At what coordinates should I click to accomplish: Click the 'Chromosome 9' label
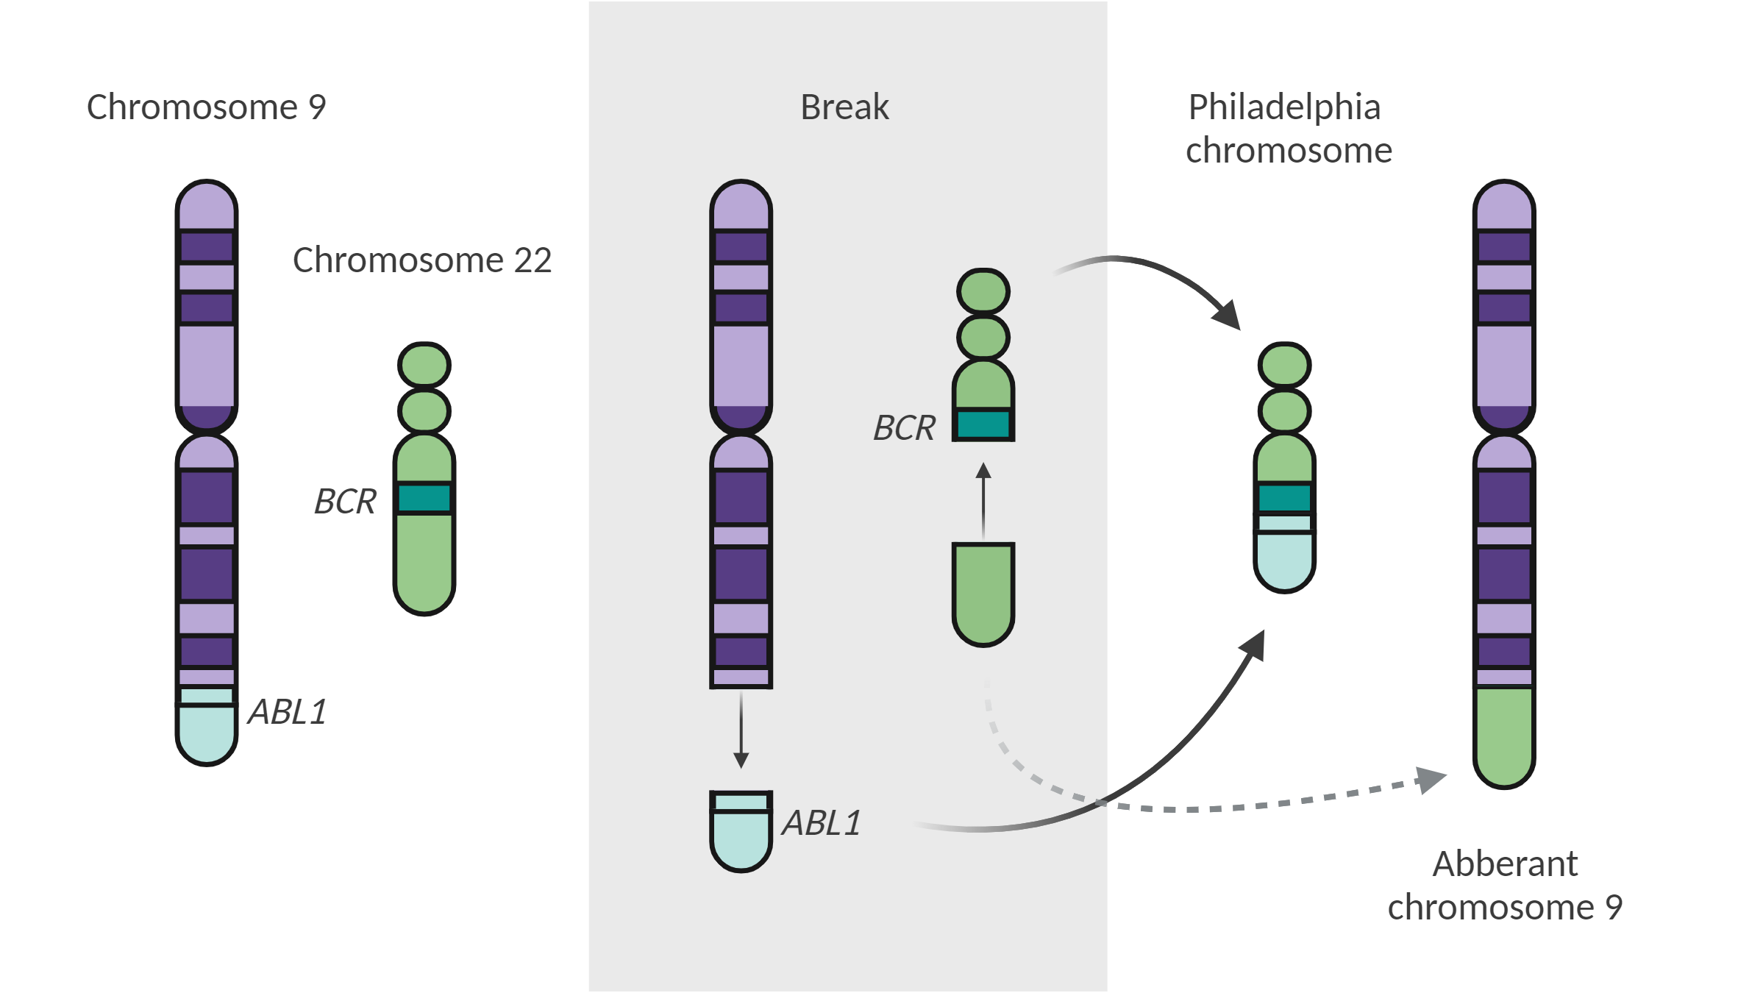[206, 107]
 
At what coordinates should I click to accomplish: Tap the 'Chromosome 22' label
[422, 260]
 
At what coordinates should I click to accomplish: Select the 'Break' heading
[844, 107]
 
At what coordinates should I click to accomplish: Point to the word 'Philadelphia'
[1284, 107]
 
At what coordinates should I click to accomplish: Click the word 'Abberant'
[1505, 864]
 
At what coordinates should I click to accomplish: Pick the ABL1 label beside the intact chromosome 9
[288, 712]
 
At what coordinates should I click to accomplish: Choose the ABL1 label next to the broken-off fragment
[822, 823]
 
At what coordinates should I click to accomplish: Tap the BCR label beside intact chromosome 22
[345, 502]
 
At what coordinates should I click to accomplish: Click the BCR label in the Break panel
[904, 428]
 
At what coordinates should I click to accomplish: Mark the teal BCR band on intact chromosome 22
[424, 498]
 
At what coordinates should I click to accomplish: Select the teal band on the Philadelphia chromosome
[1284, 498]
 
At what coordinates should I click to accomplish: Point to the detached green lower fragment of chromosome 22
[983, 592]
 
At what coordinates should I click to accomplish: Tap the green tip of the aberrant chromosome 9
[1504, 736]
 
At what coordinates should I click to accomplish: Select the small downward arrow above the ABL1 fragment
[741, 732]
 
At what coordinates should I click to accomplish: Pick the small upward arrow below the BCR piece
[983, 500]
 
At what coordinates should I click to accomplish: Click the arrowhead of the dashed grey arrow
[1431, 779]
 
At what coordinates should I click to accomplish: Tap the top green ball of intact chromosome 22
[424, 365]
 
